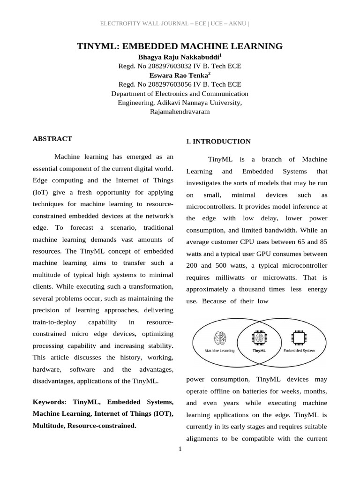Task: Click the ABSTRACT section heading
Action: point(52,139)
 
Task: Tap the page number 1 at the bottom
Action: point(180,450)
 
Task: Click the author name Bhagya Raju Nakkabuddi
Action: point(179,57)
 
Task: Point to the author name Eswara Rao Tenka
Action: point(179,75)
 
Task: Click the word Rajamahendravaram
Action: point(180,112)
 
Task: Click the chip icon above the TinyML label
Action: point(259,337)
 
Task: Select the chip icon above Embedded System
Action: point(298,337)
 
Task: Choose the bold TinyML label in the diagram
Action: point(259,350)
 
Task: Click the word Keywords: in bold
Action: point(51,402)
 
